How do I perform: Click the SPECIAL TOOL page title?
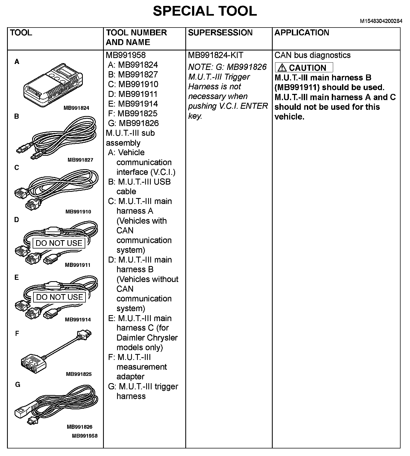[205, 11]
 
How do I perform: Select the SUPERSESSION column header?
[220, 33]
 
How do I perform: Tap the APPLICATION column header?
[302, 33]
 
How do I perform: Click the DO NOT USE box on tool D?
[59, 243]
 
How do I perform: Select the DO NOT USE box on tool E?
[59, 297]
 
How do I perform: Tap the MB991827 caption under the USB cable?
[80, 160]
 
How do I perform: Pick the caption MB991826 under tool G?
[80, 427]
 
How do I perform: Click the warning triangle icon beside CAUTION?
[282, 67]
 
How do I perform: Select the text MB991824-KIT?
[216, 55]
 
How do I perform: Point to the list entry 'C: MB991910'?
[133, 84]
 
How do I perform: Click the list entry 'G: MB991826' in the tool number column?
[133, 123]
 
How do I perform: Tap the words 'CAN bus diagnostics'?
[312, 55]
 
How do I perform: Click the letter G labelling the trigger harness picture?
[18, 384]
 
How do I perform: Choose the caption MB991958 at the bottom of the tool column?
[85, 435]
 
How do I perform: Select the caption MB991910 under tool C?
[78, 212]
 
